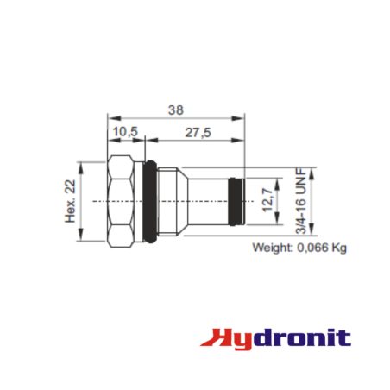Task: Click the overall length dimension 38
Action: point(176,110)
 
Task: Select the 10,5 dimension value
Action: point(125,132)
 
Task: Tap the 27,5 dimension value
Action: point(198,133)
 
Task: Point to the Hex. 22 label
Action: point(71,201)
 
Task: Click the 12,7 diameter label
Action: point(268,200)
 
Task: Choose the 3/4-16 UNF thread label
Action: point(301,201)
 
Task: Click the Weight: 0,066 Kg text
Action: point(299,248)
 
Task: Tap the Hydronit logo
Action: point(276,339)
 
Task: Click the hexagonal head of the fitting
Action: point(121,201)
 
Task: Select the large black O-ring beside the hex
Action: point(150,201)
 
